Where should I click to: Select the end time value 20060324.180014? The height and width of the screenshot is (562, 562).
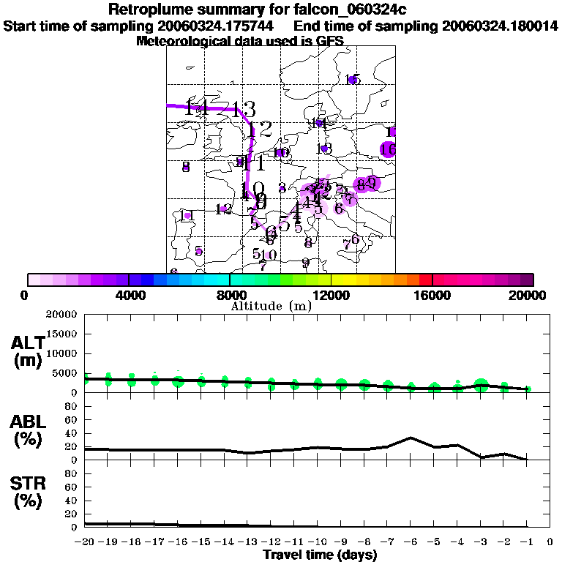point(500,26)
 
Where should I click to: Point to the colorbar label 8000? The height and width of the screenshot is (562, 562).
point(230,296)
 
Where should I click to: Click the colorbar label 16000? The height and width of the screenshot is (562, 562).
point(432,296)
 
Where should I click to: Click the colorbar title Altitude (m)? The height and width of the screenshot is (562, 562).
point(271,306)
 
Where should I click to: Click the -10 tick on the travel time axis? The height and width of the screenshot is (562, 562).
point(318,542)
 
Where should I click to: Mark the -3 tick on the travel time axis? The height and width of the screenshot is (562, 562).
point(480,542)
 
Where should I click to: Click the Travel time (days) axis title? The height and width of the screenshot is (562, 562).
point(320,555)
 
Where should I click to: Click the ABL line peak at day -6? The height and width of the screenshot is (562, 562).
point(411,438)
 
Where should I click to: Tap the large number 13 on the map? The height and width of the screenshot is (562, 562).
point(244,110)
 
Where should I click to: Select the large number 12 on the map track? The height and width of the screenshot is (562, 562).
point(261,130)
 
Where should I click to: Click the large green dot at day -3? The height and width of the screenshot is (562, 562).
point(481,385)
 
